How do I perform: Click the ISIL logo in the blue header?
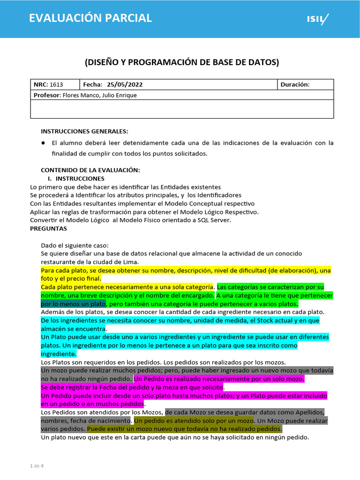[x=317, y=19]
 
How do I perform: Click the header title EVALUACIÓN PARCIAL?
[x=90, y=18]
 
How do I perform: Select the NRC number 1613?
[x=56, y=85]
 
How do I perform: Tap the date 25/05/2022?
[x=125, y=85]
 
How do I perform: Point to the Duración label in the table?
[x=295, y=85]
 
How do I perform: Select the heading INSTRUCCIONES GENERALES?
[x=84, y=131]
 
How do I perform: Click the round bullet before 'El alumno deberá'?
[x=43, y=143]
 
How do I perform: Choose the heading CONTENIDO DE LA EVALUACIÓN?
[x=90, y=170]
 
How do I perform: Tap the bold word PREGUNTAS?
[x=48, y=229]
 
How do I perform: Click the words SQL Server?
[x=213, y=220]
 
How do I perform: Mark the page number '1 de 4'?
[x=37, y=466]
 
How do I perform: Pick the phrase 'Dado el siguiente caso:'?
[x=75, y=245]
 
